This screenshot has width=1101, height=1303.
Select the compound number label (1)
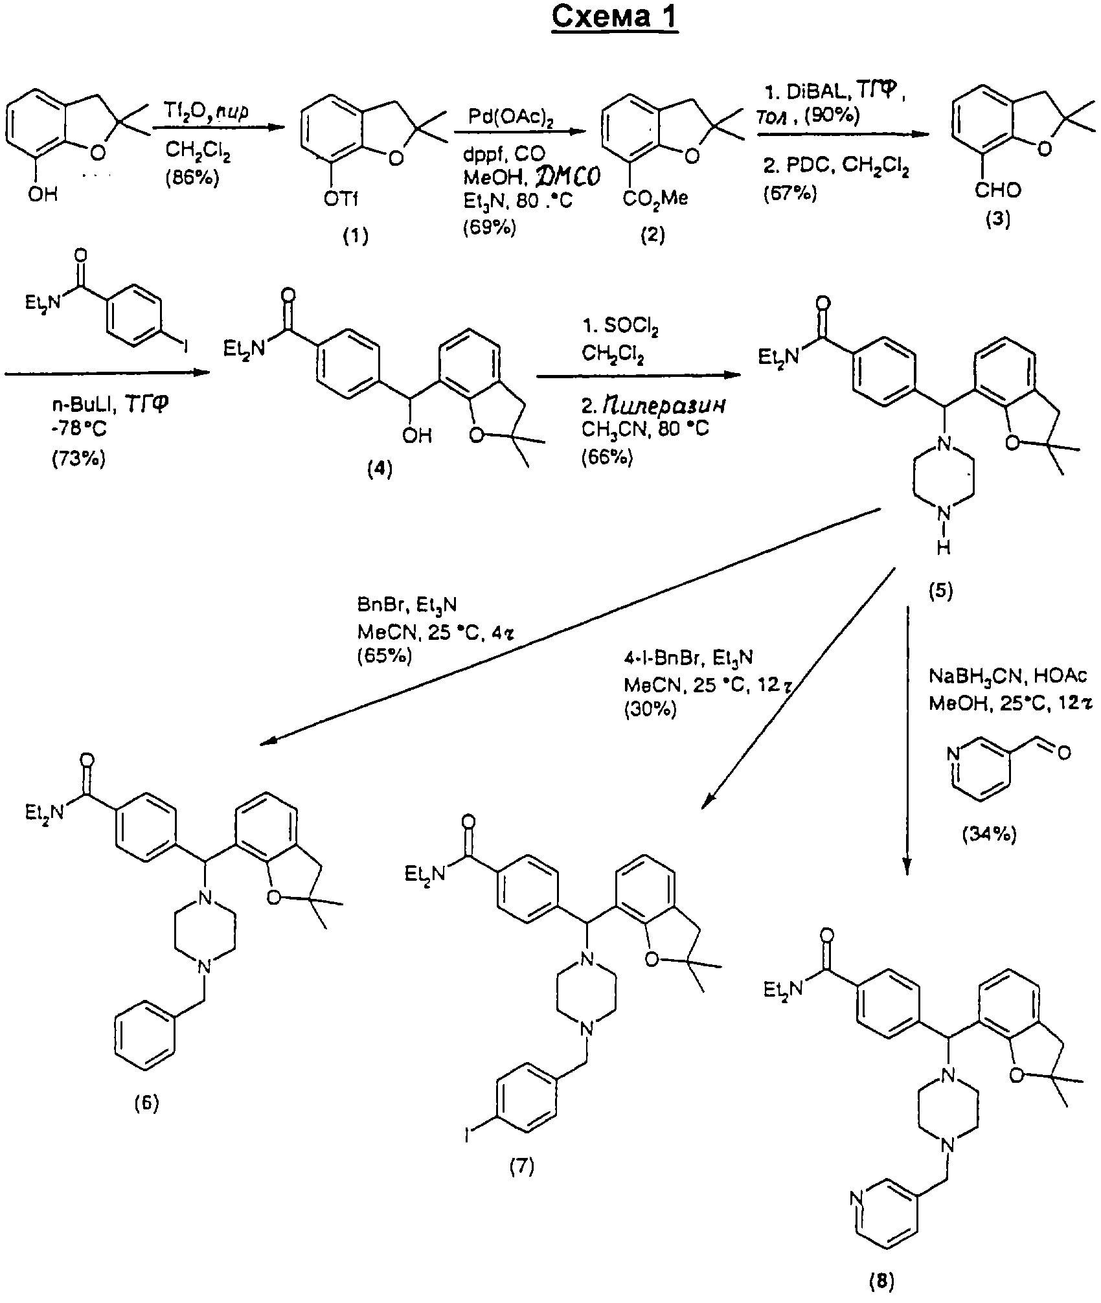point(355,237)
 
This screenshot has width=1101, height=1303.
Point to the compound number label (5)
point(940,591)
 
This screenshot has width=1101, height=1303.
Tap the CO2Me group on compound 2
point(655,199)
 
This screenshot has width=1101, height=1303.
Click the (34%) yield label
point(989,835)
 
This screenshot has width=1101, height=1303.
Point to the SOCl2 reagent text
point(619,329)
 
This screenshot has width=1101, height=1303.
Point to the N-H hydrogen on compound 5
point(944,548)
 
